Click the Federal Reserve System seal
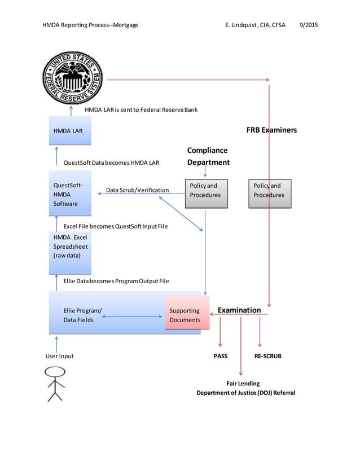(73, 78)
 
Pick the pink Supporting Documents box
(187, 313)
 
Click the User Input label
(59, 356)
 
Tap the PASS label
(220, 356)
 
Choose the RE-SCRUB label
(267, 356)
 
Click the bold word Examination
(239, 310)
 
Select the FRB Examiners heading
(271, 130)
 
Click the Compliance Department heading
(208, 156)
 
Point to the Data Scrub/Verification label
(137, 190)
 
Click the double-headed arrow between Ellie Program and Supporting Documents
(132, 316)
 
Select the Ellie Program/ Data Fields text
(82, 315)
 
